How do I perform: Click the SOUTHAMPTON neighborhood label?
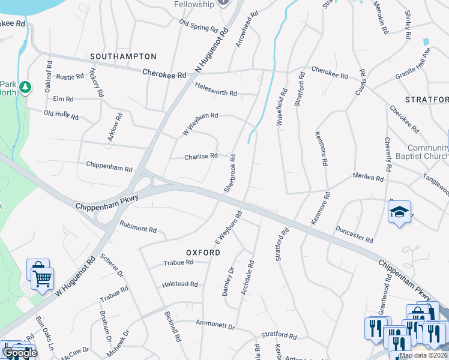[x=123, y=56]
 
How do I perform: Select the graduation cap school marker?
[x=399, y=212]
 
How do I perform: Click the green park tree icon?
[x=25, y=88]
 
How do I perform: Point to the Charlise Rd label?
[x=201, y=157]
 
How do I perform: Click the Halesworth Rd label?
[x=216, y=93]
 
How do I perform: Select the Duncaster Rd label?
[x=354, y=234]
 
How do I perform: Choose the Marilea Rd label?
[x=368, y=178]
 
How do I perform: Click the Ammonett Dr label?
[x=218, y=324]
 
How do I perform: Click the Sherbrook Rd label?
[x=231, y=173]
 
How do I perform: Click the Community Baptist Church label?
[x=427, y=152]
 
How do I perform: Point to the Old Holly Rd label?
[x=61, y=114]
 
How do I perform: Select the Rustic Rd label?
[x=70, y=77]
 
